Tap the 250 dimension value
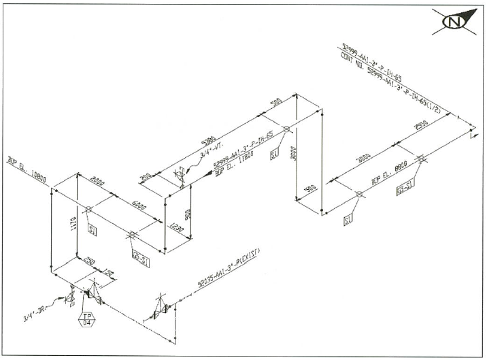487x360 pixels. point(88,262)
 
